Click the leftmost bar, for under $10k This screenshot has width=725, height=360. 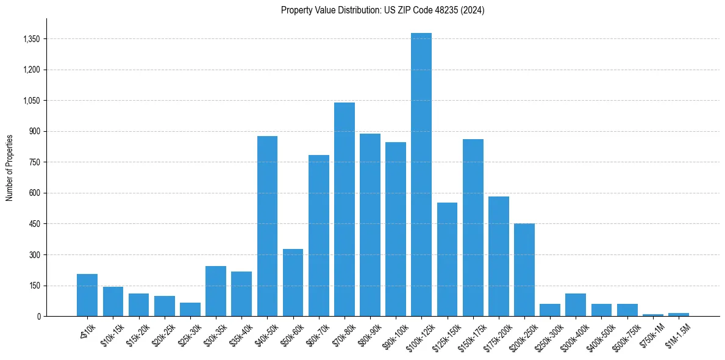(x=87, y=295)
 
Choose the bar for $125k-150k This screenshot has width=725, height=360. (x=447, y=259)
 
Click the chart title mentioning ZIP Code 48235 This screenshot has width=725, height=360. (x=382, y=10)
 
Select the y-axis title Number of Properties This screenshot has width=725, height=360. (x=10, y=167)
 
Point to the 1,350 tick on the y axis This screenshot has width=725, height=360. (x=31, y=39)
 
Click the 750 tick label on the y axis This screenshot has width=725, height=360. (x=34, y=162)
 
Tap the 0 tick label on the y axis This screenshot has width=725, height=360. (x=39, y=316)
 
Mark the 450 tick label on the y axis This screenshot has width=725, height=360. (x=34, y=224)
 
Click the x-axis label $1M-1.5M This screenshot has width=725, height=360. (x=676, y=333)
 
